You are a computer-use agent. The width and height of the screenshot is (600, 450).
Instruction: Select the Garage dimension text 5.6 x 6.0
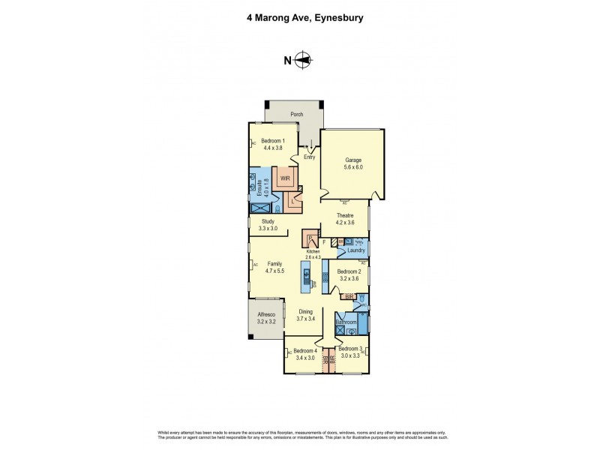coord(353,167)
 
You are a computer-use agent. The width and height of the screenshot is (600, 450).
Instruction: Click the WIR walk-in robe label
coord(286,178)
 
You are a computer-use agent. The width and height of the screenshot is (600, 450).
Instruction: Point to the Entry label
coord(309,157)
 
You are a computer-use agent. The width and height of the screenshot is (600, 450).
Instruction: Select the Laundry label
coord(346,250)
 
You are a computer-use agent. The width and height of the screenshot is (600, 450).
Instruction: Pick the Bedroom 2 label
coord(349,271)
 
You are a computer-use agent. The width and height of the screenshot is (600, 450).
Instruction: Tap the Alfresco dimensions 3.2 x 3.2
coord(267,321)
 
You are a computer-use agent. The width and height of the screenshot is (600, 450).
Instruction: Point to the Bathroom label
coord(346,322)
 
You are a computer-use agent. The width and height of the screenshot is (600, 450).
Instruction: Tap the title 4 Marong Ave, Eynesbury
coord(299,18)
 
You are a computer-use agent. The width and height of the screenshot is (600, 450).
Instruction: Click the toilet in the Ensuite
coord(277,210)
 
